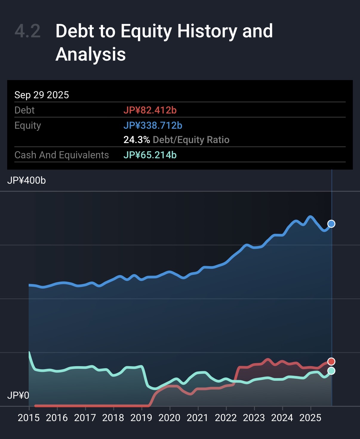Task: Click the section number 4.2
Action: pos(27,31)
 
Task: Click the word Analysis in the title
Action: pos(90,54)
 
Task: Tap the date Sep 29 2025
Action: pos(41,95)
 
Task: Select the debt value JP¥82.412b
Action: pos(150,110)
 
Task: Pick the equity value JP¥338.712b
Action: pos(153,125)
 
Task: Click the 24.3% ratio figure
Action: pos(136,140)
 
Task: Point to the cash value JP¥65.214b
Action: pos(150,155)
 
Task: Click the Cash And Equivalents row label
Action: pos(61,155)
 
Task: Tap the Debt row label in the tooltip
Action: pos(24,110)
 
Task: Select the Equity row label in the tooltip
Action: pos(28,125)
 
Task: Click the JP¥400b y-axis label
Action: pos(27,180)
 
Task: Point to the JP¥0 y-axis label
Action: pos(18,395)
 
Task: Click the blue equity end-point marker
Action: pos(331,224)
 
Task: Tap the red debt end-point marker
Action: pos(331,362)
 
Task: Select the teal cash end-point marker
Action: pos(331,371)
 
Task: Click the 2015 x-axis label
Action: pos(29,418)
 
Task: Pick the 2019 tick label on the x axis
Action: pos(141,418)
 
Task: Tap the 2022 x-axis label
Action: pos(226,418)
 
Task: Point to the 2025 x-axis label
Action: pos(310,418)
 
